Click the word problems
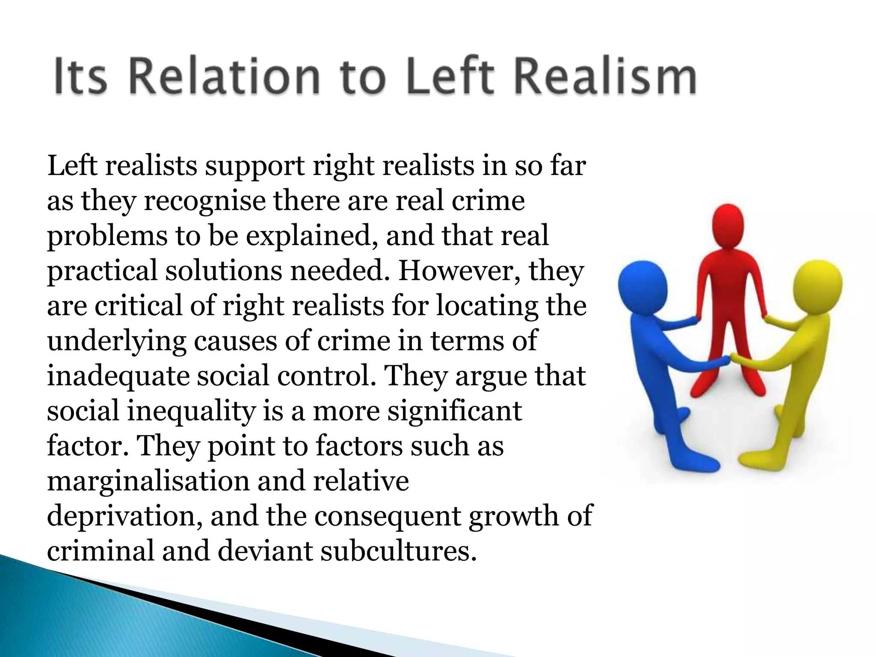[107, 237]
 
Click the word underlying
[116, 342]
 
